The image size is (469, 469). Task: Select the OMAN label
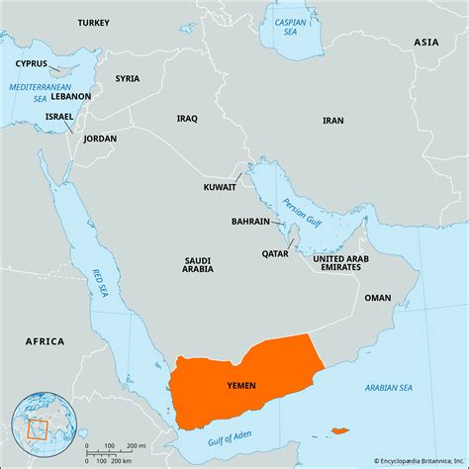tap(377, 298)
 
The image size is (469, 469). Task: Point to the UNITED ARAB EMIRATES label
tap(350, 263)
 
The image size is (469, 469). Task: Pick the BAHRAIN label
tap(250, 222)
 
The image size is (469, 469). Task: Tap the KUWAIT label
tap(219, 186)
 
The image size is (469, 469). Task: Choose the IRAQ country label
tap(187, 118)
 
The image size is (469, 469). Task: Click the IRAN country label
tap(333, 120)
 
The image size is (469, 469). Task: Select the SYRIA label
tap(127, 78)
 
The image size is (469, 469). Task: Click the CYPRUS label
tap(32, 63)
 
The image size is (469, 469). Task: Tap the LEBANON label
tap(70, 97)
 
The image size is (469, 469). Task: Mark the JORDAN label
tap(100, 140)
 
